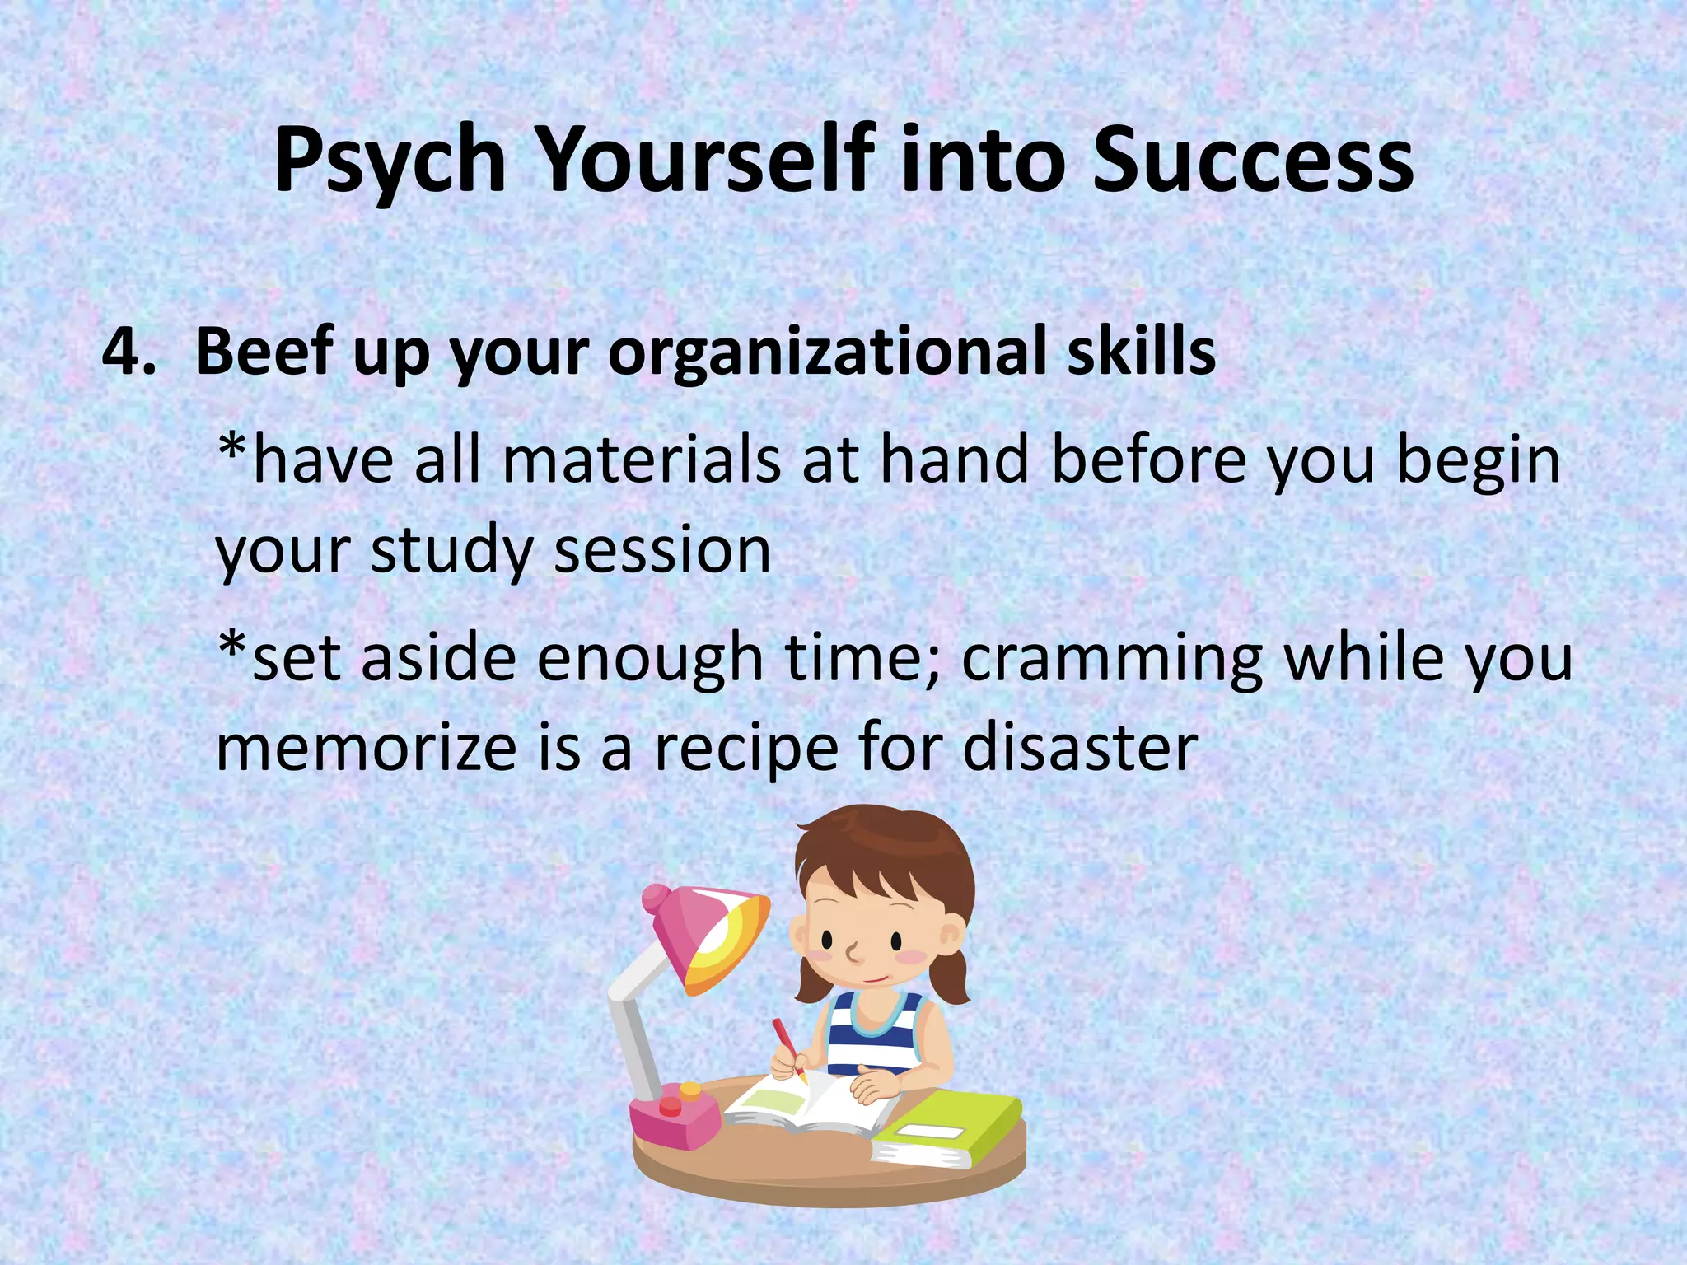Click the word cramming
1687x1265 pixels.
click(1112, 659)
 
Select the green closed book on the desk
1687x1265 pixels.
click(947, 1128)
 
